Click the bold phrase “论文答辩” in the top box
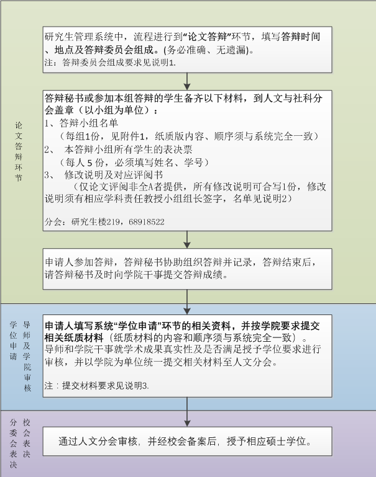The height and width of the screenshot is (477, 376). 208,37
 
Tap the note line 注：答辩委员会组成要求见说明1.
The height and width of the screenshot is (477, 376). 110,63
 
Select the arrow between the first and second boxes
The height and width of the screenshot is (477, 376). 187,81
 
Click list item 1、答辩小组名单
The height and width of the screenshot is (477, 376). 81,123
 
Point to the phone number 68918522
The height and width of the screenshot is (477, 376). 147,222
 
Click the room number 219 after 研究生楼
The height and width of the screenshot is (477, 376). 113,222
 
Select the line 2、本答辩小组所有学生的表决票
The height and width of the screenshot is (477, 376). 119,149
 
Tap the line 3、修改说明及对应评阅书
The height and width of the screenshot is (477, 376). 104,175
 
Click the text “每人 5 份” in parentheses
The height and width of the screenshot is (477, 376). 85,162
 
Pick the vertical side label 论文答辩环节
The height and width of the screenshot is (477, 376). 19,151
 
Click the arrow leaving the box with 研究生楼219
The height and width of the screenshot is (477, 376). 187,239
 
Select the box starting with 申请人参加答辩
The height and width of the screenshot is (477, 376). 188,269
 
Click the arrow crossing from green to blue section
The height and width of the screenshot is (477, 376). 187,302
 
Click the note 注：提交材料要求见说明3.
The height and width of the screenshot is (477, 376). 96,385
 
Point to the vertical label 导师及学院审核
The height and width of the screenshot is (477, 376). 27,356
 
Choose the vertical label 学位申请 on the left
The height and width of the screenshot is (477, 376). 14,340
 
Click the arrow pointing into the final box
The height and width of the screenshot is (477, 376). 187,412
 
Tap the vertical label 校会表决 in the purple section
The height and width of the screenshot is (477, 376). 27,438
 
